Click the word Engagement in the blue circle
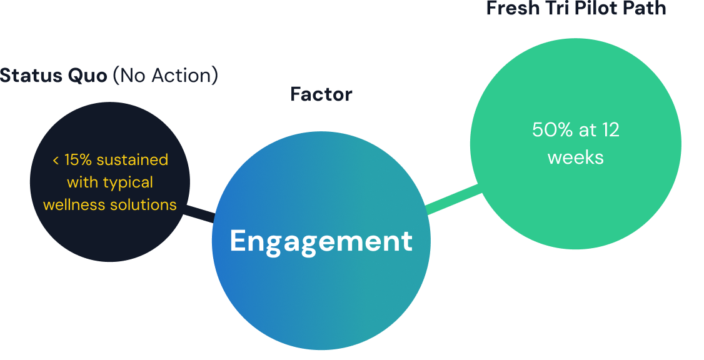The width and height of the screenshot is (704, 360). point(321,241)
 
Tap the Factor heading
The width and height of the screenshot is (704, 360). point(321,94)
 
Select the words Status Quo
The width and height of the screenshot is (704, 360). point(54,76)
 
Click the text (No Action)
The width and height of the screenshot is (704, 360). point(166,76)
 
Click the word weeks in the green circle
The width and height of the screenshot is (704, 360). point(575,157)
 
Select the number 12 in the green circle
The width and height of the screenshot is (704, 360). point(610,130)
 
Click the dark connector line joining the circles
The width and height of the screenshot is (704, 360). point(199,214)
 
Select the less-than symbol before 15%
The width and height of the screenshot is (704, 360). point(56,161)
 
